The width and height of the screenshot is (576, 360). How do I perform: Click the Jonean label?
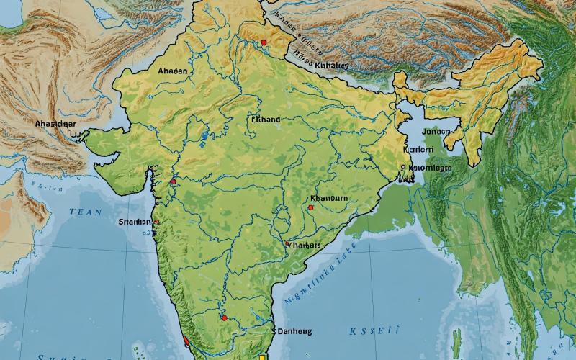tap(436, 132)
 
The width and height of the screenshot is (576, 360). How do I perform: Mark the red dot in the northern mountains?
tap(264, 42)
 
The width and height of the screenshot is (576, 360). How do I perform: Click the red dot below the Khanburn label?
tap(310, 207)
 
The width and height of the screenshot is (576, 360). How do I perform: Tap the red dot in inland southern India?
tap(224, 318)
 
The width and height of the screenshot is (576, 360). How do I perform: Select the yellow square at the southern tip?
tap(262, 356)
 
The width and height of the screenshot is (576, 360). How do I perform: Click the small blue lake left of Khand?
tap(205, 135)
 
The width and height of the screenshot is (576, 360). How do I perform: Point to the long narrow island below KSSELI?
tap(456, 344)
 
